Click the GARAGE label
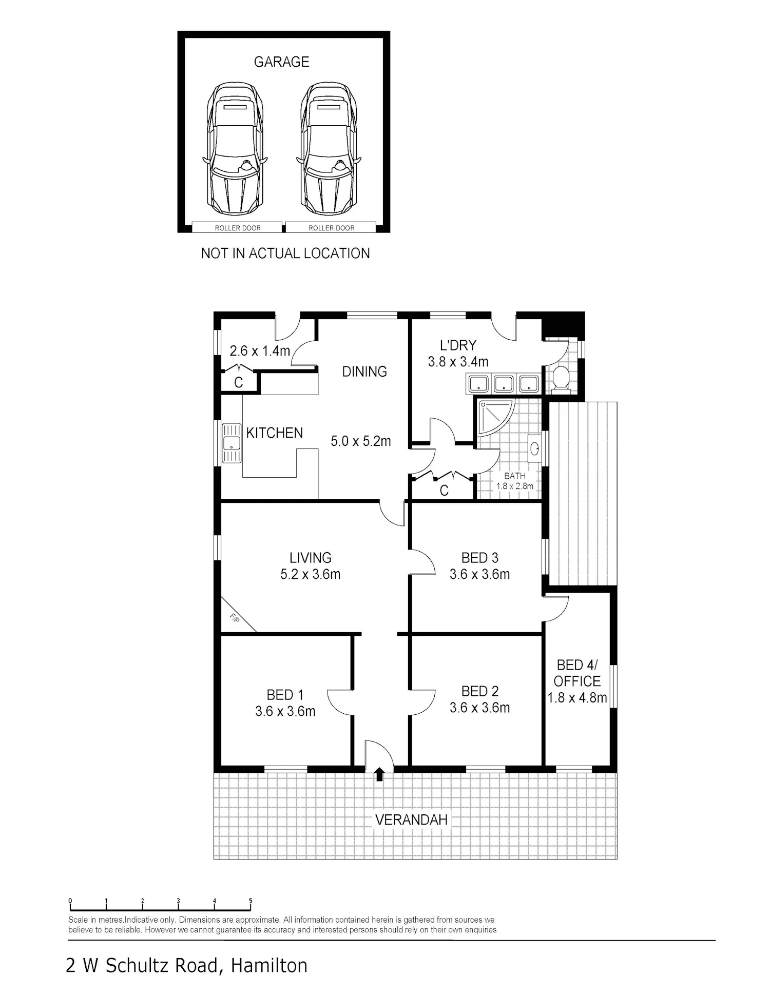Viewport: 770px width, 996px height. (281, 62)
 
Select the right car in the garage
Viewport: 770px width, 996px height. (329, 149)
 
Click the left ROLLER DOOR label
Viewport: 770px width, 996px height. (238, 228)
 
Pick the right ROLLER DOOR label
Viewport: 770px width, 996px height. (332, 228)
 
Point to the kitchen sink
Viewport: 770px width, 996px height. (232, 443)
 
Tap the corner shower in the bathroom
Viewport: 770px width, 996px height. (496, 418)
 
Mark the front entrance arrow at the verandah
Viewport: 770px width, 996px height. (379, 774)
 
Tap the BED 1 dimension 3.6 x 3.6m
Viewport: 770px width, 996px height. (285, 711)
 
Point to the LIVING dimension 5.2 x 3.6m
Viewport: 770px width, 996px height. (311, 574)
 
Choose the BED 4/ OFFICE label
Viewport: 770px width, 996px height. (577, 673)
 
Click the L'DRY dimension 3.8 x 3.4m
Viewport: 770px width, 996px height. (458, 362)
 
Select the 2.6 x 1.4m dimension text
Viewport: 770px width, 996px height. (260, 351)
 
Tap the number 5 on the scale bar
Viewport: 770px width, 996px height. (251, 901)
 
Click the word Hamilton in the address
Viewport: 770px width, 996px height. (269, 966)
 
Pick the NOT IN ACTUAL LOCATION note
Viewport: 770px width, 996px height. (285, 253)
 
